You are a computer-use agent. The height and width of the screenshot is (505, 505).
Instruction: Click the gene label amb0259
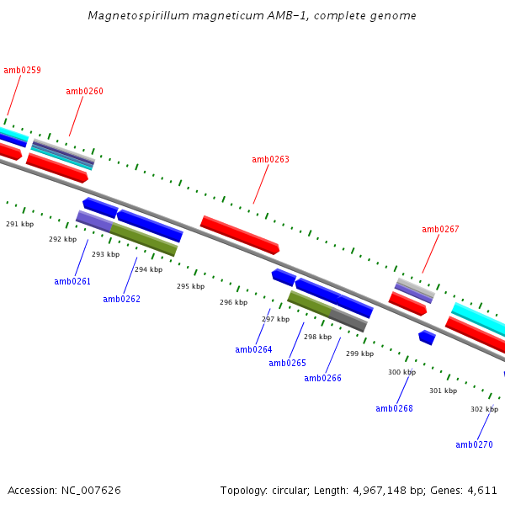(22, 71)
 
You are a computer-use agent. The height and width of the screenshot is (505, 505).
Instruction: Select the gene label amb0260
(84, 91)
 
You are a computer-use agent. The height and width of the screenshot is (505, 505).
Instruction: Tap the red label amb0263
(270, 159)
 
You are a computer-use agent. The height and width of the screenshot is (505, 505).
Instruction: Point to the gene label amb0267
(440, 229)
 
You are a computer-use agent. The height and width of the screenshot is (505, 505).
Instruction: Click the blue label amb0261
(72, 281)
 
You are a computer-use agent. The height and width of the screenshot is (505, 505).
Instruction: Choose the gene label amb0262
(121, 299)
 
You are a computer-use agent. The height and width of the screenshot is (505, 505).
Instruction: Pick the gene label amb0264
(253, 349)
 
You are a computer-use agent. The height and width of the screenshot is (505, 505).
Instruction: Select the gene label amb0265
(287, 363)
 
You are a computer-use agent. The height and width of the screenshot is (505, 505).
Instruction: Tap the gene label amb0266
(322, 378)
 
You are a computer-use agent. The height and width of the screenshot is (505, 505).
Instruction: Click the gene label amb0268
(394, 408)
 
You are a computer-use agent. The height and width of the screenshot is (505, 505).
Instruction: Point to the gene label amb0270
(474, 444)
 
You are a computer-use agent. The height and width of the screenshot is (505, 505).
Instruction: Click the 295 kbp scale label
(190, 286)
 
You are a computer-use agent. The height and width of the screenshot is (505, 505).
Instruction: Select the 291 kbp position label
(19, 224)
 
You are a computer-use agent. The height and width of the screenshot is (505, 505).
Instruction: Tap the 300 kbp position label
(401, 372)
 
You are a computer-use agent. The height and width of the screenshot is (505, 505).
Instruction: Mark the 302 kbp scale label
(484, 409)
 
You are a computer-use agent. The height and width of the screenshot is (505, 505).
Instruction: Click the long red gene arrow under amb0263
(240, 235)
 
